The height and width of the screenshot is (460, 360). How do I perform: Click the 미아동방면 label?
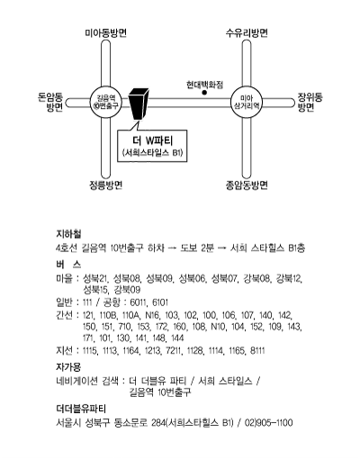[105, 33]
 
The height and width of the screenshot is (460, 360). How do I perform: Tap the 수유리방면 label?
[247, 33]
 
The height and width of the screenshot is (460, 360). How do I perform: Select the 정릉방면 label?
[105, 185]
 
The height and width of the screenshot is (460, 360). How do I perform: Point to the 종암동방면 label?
[247, 185]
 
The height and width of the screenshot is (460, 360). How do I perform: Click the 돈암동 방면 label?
[50, 102]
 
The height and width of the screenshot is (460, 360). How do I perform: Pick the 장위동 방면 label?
[310, 102]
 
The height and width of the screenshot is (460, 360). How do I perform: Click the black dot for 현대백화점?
[204, 93]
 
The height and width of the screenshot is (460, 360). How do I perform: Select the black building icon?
[139, 104]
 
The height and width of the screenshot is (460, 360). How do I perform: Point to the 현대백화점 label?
[204, 85]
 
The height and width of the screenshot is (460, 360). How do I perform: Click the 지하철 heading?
[68, 233]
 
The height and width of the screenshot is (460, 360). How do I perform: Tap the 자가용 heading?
[68, 366]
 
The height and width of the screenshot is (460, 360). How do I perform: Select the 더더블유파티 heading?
[81, 409]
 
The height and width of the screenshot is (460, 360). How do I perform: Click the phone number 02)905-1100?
[268, 423]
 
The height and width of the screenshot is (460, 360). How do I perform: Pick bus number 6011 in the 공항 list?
[138, 302]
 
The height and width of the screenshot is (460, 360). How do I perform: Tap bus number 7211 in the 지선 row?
[174, 351]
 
